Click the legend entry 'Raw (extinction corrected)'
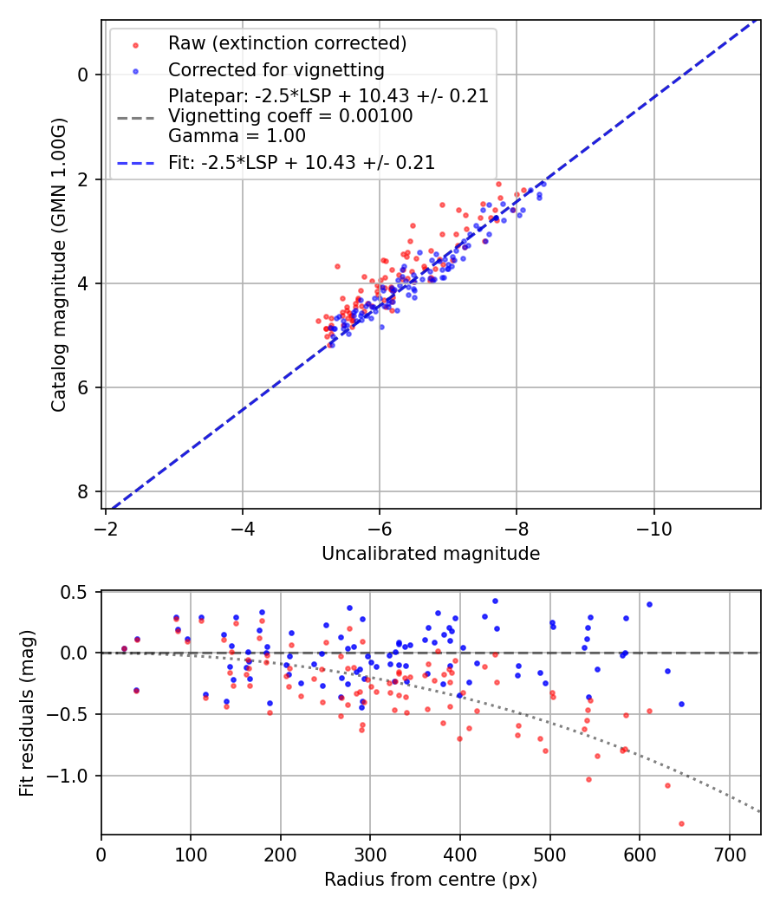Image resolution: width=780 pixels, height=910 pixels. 287,43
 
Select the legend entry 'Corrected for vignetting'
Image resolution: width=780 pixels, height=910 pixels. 276,69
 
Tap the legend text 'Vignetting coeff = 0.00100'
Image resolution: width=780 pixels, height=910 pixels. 290,116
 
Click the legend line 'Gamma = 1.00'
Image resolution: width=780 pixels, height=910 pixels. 237,136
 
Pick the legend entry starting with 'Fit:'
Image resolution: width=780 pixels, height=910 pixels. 301,162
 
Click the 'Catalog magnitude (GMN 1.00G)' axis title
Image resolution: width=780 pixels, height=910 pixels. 58,264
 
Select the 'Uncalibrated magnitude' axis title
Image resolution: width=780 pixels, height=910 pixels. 431,554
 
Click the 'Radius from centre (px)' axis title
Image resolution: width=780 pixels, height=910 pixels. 431,880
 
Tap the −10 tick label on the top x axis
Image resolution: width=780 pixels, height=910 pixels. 653,528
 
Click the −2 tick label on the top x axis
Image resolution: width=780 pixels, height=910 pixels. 106,528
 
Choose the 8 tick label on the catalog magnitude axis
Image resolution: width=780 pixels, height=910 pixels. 83,492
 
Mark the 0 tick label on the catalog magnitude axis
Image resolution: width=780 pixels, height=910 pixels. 83,75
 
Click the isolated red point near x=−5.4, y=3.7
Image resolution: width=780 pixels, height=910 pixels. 337,266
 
